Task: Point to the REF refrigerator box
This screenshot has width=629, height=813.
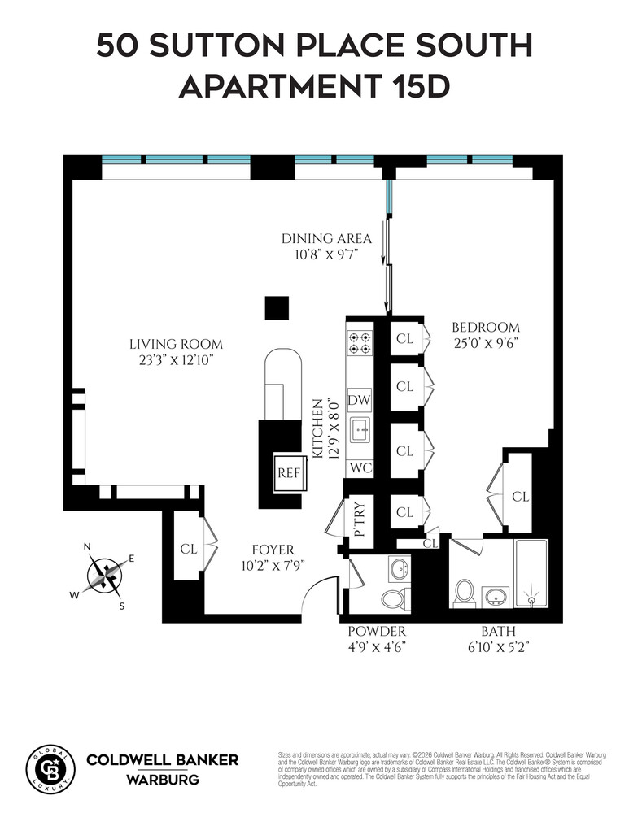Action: tap(288, 473)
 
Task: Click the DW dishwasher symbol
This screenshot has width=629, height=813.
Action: tap(359, 400)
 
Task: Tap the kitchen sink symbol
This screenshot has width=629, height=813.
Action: tap(359, 428)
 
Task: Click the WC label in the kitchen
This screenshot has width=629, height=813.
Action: tap(359, 468)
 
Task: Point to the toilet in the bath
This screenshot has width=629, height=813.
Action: tap(465, 592)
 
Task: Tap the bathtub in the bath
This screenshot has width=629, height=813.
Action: tap(531, 575)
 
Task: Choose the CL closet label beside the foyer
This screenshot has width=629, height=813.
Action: tap(189, 549)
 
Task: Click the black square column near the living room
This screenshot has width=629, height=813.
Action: tap(277, 308)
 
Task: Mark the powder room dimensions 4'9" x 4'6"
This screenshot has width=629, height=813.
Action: tap(376, 647)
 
